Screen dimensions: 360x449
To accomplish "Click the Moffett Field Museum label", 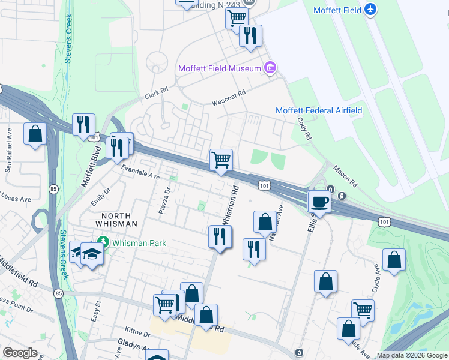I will pos(219,68).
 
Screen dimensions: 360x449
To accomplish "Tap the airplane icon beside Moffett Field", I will pos(371,10).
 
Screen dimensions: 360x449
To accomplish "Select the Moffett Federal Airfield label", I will pos(318,110).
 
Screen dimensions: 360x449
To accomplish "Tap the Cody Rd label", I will pos(305,128).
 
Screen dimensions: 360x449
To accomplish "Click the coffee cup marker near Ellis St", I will pos(319,202).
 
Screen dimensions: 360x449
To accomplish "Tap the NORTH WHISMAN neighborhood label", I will pos(119,219).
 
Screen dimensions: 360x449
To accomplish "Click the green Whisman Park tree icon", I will pos(103,242).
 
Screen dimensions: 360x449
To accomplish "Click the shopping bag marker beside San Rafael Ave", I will pos(35,133).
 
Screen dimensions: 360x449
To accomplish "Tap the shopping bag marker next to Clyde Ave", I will pos(394,260).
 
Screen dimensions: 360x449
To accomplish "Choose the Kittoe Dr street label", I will pos(137,332).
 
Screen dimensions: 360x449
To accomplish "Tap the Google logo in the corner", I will pos(20,353).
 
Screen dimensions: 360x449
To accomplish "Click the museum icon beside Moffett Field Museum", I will pos(270,68).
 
